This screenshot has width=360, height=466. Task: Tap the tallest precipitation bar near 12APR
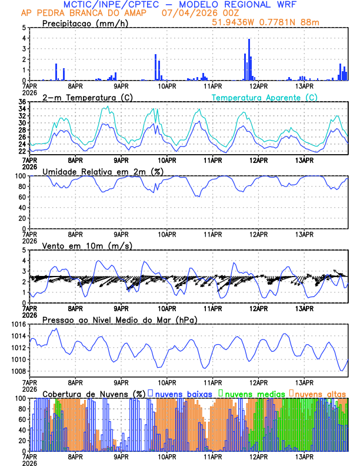click(249, 40)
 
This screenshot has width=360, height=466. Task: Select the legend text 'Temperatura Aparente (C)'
click(264, 97)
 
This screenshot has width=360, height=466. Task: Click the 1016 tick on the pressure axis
click(16, 324)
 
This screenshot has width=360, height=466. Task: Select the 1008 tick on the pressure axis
click(16, 371)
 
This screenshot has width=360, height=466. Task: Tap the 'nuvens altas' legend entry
click(321, 393)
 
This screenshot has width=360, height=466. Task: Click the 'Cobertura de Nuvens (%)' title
click(94, 393)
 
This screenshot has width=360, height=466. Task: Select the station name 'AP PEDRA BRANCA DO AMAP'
click(78, 12)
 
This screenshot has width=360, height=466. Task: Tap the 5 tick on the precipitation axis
click(24, 28)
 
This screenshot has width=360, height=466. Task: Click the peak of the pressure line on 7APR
click(55, 329)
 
